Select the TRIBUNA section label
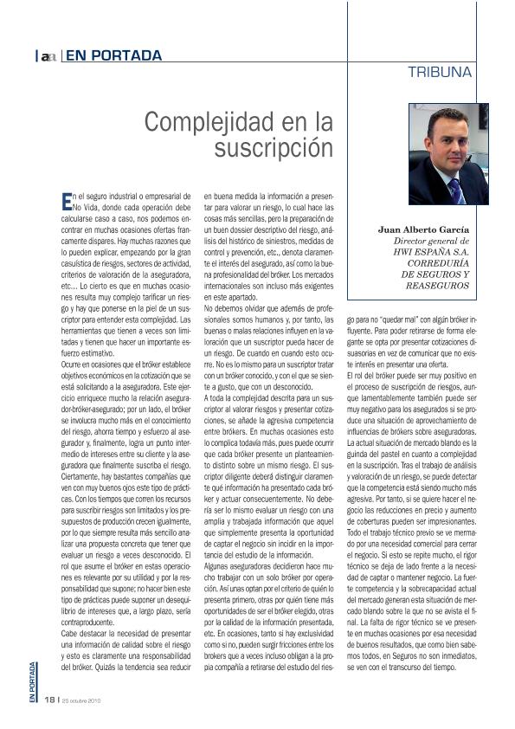[x=440, y=73]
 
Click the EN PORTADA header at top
[x=113, y=56]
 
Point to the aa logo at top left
[x=48, y=57]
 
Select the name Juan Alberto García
[x=424, y=230]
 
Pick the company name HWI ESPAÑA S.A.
[x=430, y=252]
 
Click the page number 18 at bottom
[x=49, y=699]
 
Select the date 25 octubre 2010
[x=87, y=700]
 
